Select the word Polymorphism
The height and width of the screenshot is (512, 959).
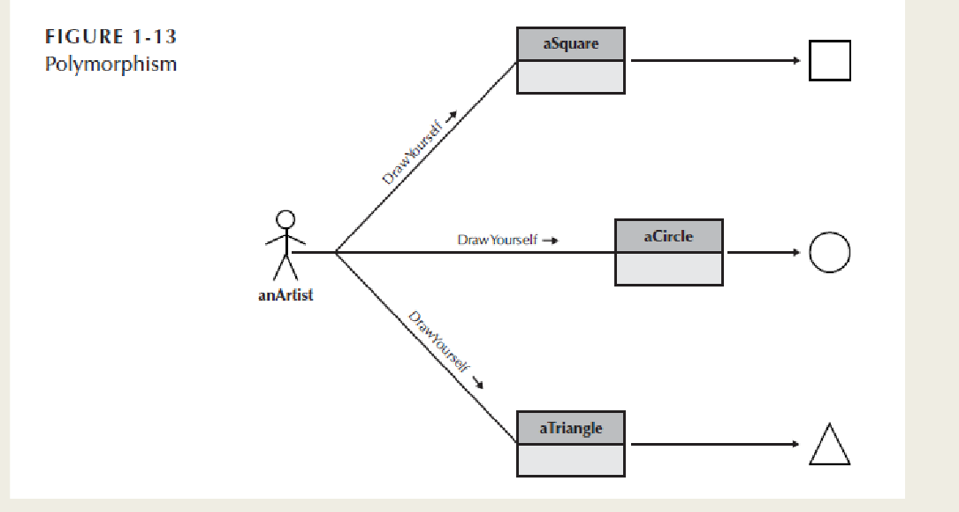click(110, 65)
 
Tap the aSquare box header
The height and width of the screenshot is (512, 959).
click(570, 44)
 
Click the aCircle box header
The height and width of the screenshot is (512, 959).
click(669, 236)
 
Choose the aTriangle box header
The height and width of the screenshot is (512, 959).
click(570, 428)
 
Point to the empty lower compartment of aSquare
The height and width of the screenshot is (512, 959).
click(570, 77)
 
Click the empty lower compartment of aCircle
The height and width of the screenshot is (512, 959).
click(669, 269)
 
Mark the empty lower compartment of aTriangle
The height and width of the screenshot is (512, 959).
click(570, 460)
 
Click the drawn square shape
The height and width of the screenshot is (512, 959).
click(829, 61)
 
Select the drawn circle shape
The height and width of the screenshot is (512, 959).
click(829, 253)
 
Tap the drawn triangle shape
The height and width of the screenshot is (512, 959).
click(829, 446)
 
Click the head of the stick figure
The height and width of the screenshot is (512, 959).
click(285, 218)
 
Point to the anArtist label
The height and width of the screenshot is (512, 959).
click(285, 295)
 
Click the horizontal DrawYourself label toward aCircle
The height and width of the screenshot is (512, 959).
click(497, 240)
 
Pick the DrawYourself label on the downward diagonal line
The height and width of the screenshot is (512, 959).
click(439, 342)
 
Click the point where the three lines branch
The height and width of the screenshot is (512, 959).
click(335, 253)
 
